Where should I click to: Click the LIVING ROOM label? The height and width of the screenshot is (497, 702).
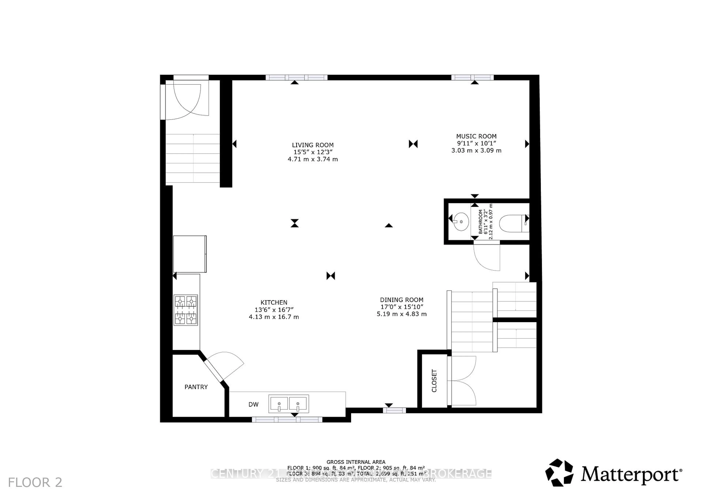tap(312, 145)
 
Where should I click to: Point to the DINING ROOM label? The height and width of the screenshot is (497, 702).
tap(401, 300)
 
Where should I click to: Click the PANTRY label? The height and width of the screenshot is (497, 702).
tap(196, 387)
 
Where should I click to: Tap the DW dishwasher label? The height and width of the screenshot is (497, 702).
tap(253, 405)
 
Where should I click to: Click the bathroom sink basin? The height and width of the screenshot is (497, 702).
tap(461, 221)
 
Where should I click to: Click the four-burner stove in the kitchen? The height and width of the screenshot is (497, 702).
tap(186, 310)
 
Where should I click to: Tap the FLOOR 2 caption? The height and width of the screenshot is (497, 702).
tap(35, 483)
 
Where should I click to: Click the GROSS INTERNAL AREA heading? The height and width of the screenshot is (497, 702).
tap(356, 462)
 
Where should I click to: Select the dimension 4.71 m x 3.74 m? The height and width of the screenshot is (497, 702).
tap(312, 159)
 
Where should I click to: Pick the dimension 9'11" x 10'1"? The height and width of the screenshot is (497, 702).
tap(476, 143)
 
